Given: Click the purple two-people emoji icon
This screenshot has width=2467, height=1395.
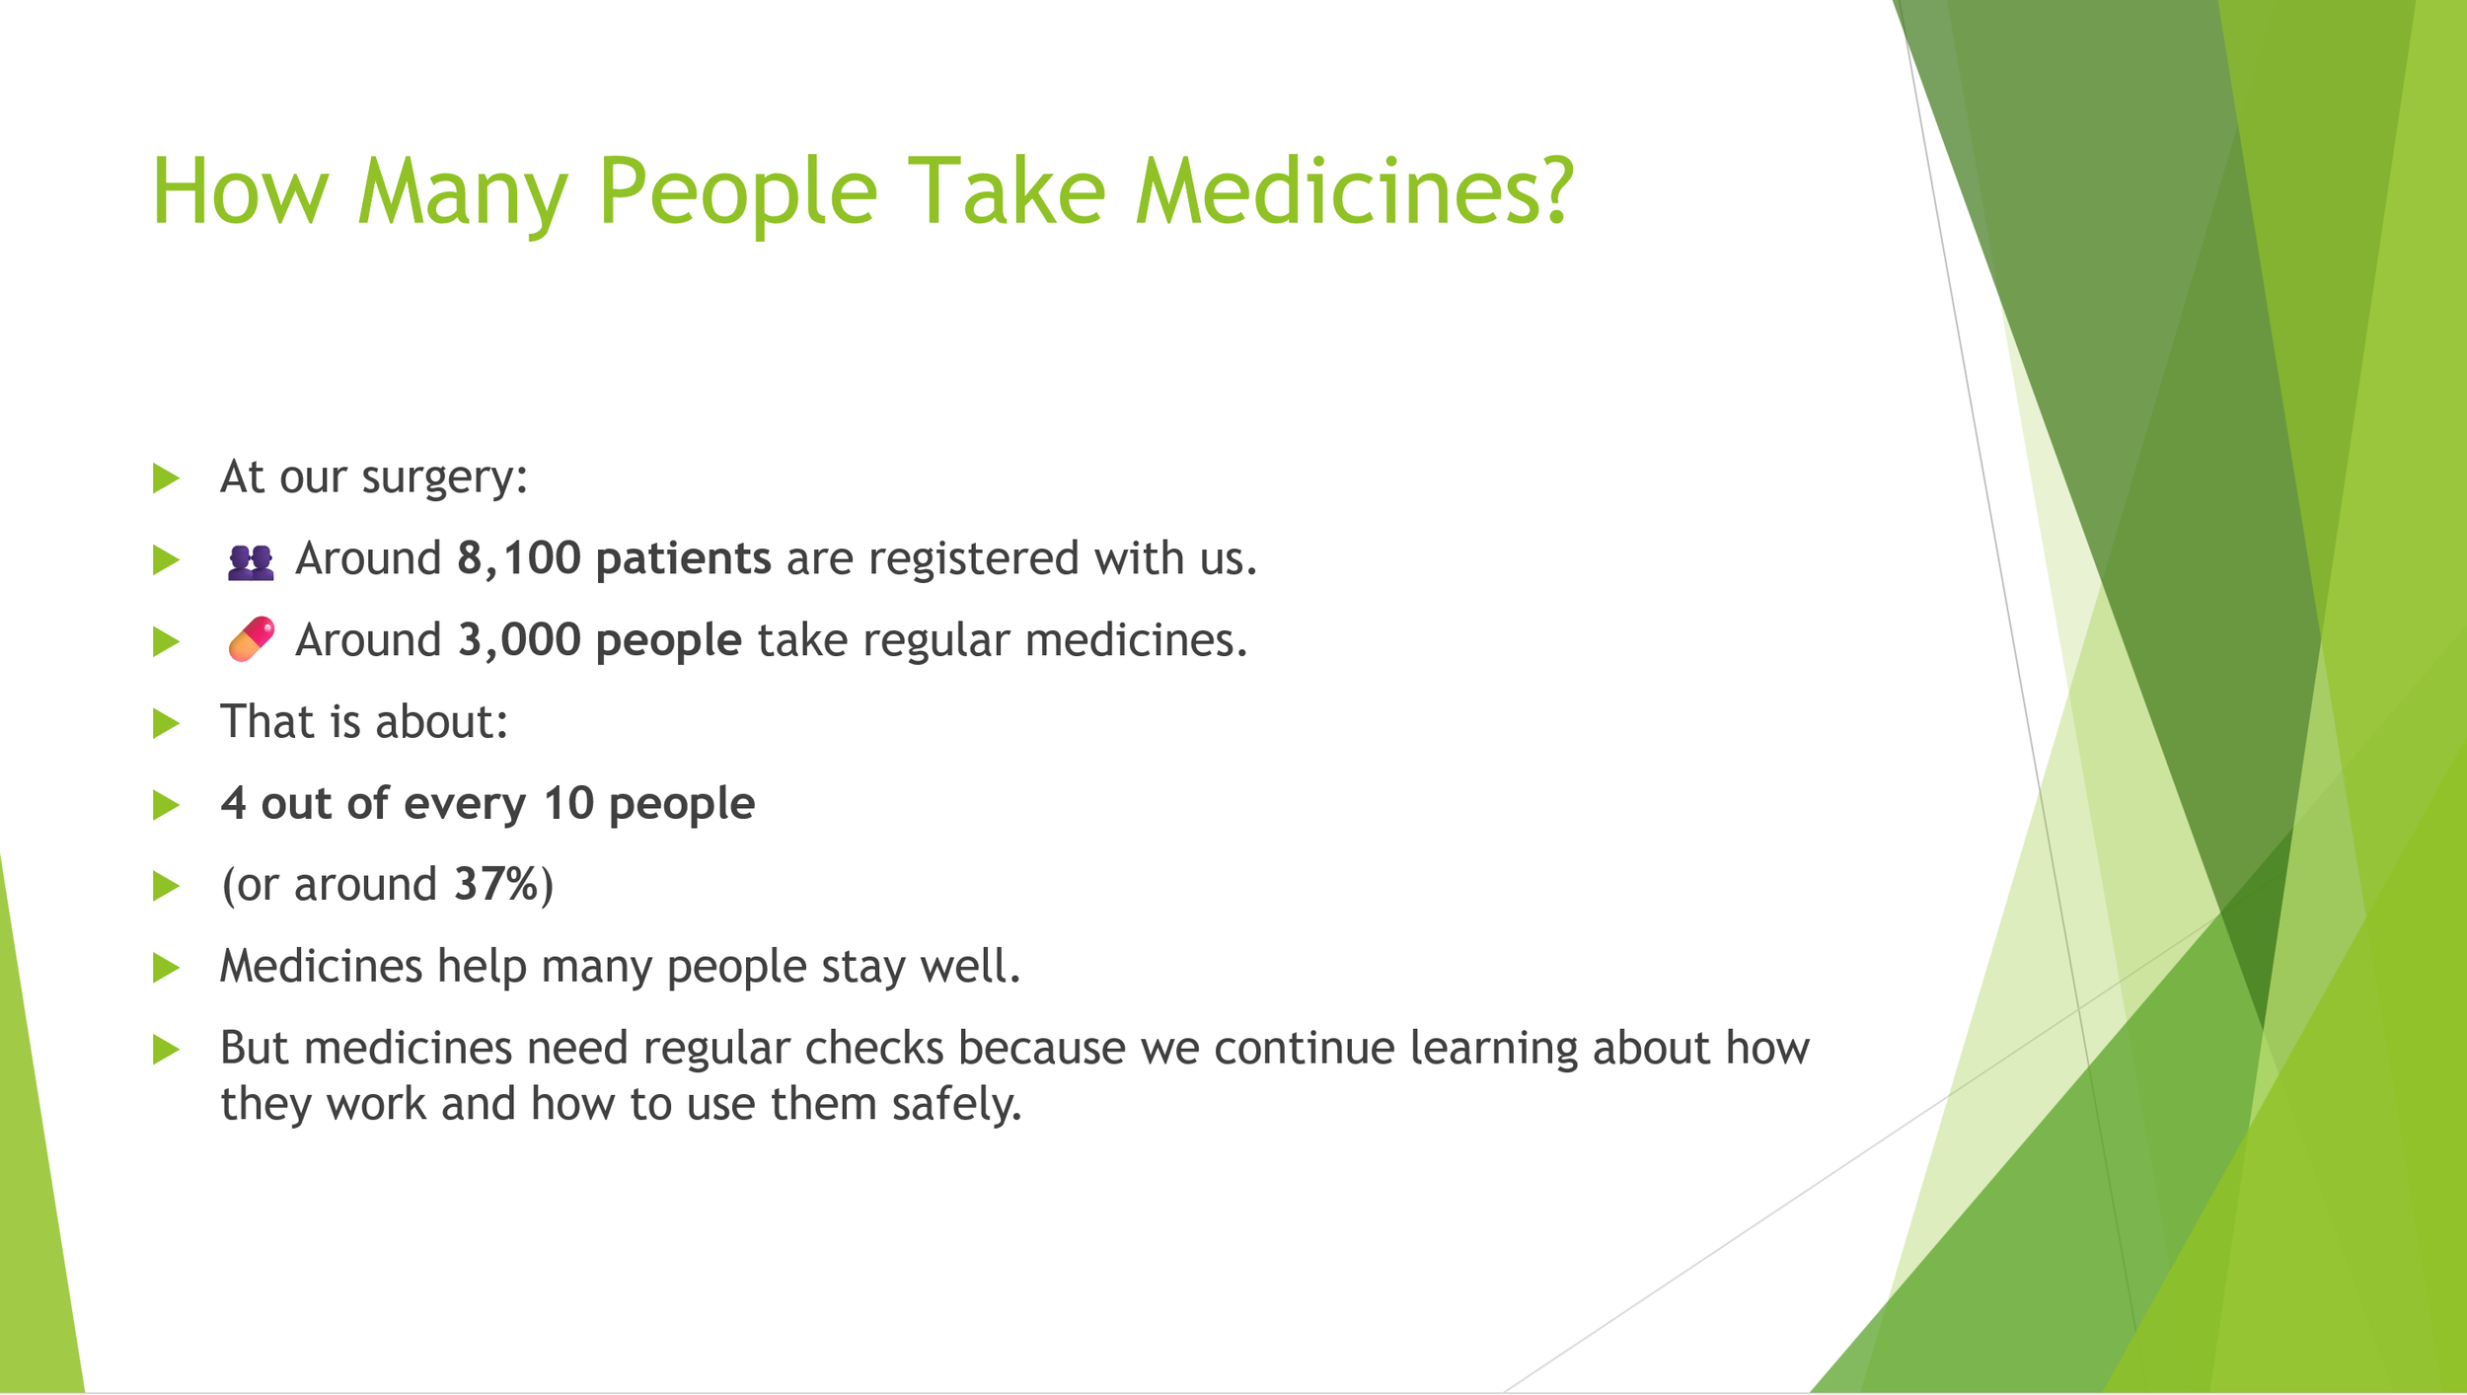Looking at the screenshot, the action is [x=251, y=561].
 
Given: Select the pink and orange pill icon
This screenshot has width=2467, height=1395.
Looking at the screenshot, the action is [x=251, y=639].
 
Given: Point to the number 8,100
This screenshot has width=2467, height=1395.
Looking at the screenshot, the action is [x=519, y=559].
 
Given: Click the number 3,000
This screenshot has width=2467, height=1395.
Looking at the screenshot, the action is [x=519, y=641].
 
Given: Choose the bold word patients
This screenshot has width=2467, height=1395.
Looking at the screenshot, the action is [x=683, y=559].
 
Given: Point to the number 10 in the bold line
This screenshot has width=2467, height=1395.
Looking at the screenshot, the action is [x=568, y=803].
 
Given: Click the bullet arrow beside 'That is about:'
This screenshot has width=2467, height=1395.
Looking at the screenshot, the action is [x=166, y=724].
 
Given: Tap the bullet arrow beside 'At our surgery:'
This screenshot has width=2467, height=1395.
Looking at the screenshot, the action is [x=166, y=478].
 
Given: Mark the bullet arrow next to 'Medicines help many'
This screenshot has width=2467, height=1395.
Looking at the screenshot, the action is [x=166, y=968].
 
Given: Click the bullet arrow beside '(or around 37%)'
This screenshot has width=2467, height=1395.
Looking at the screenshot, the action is [x=166, y=887].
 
